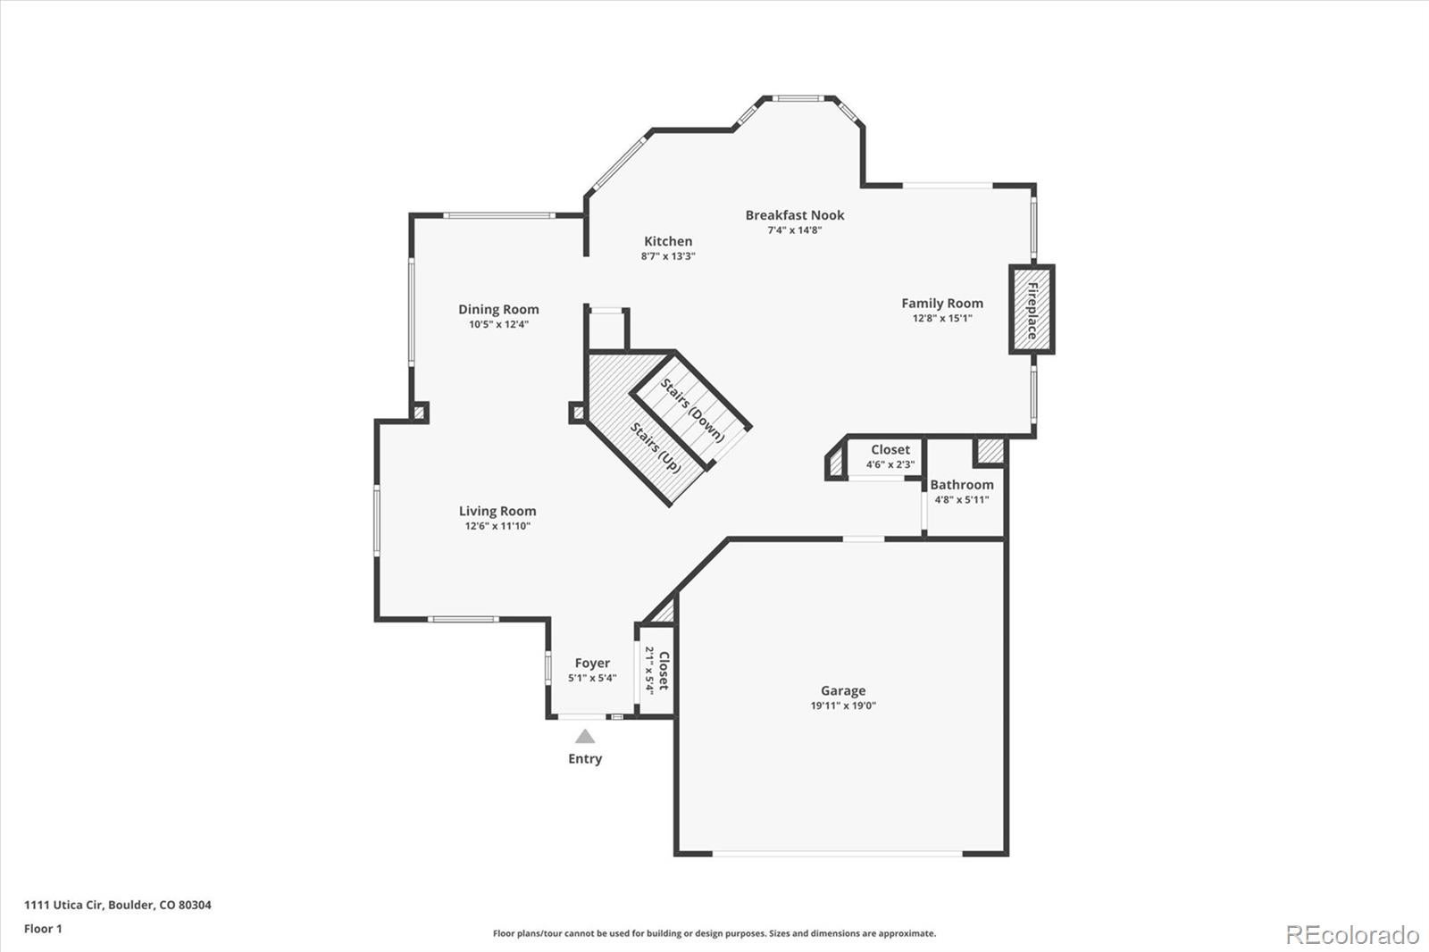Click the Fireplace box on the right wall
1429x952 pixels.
pos(1032,310)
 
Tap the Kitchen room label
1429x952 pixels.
pos(668,241)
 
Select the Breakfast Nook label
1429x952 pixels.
pos(794,214)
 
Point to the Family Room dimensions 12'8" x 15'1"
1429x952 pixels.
pos(941,318)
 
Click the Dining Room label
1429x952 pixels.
pos(498,309)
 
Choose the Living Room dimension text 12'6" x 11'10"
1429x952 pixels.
pos(497,526)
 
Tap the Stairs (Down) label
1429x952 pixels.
pos(692,410)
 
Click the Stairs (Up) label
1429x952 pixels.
pos(656,447)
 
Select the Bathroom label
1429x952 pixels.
pos(961,485)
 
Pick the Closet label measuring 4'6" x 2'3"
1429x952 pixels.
pos(890,450)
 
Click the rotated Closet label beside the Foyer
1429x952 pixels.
pos(664,670)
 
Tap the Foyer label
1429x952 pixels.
pos(592,663)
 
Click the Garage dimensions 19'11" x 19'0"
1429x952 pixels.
pos(842,706)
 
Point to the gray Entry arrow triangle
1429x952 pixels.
pos(585,737)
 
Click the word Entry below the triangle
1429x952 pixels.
pos(585,758)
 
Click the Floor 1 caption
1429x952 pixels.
pos(43,929)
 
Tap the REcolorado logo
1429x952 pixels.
pos(1351,934)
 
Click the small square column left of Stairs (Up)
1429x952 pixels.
pos(577,413)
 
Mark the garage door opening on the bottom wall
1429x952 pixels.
pos(838,855)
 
